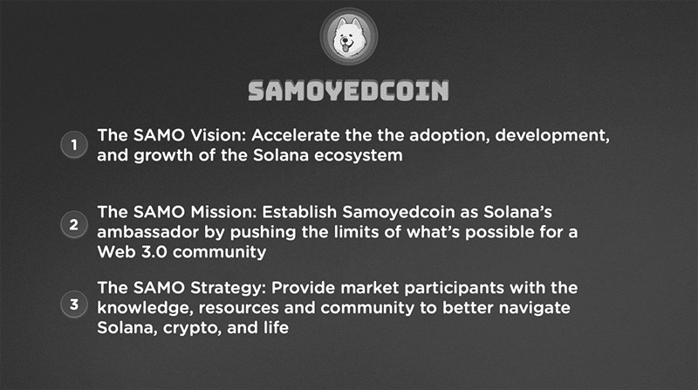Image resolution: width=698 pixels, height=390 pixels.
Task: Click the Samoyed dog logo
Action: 348,37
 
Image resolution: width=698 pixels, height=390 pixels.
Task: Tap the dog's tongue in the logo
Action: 346,46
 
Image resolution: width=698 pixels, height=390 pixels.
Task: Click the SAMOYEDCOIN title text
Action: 348,91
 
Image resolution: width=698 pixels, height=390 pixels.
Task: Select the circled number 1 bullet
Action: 74,145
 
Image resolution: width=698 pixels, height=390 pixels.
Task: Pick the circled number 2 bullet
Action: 74,224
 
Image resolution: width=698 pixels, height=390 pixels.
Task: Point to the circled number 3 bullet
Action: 74,304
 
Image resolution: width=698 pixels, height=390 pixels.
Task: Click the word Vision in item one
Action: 218,135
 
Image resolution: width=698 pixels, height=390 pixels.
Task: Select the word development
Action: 552,136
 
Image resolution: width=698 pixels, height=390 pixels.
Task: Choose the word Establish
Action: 299,212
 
